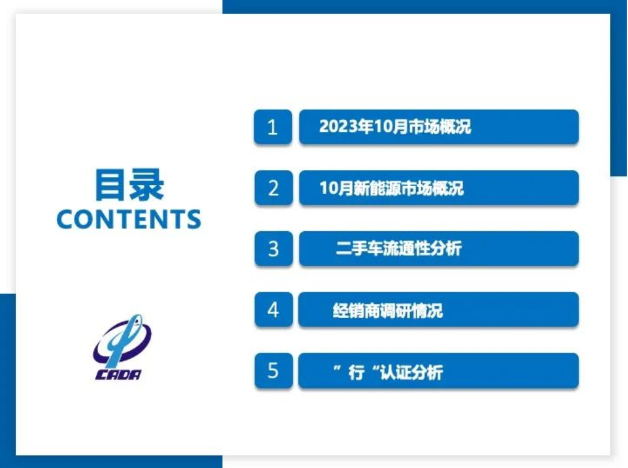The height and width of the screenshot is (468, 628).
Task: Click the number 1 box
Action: pyautogui.click(x=273, y=127)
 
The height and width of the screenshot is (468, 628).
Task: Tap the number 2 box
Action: pyautogui.click(x=274, y=187)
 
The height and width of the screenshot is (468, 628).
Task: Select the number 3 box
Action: pyautogui.click(x=274, y=248)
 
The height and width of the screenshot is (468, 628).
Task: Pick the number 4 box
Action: pyautogui.click(x=274, y=309)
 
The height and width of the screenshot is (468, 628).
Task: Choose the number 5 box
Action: pyautogui.click(x=274, y=370)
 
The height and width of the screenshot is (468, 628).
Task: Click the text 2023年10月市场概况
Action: pyautogui.click(x=395, y=126)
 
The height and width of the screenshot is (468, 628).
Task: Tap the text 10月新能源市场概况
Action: pyautogui.click(x=391, y=188)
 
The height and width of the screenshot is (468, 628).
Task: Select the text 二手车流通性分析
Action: pyautogui.click(x=398, y=248)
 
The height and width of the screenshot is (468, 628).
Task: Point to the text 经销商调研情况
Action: pyautogui.click(x=388, y=310)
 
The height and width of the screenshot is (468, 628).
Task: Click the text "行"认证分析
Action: pyautogui.click(x=388, y=372)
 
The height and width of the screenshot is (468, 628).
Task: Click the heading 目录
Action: pyautogui.click(x=129, y=185)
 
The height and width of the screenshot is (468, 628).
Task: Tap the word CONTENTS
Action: pyautogui.click(x=128, y=219)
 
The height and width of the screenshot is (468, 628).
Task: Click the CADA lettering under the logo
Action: pyautogui.click(x=119, y=374)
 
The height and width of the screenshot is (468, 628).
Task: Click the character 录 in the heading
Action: pyautogui.click(x=147, y=185)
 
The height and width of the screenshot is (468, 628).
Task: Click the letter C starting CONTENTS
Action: pyautogui.click(x=66, y=219)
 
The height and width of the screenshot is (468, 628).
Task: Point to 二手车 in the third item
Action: pyautogui.click(x=359, y=248)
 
